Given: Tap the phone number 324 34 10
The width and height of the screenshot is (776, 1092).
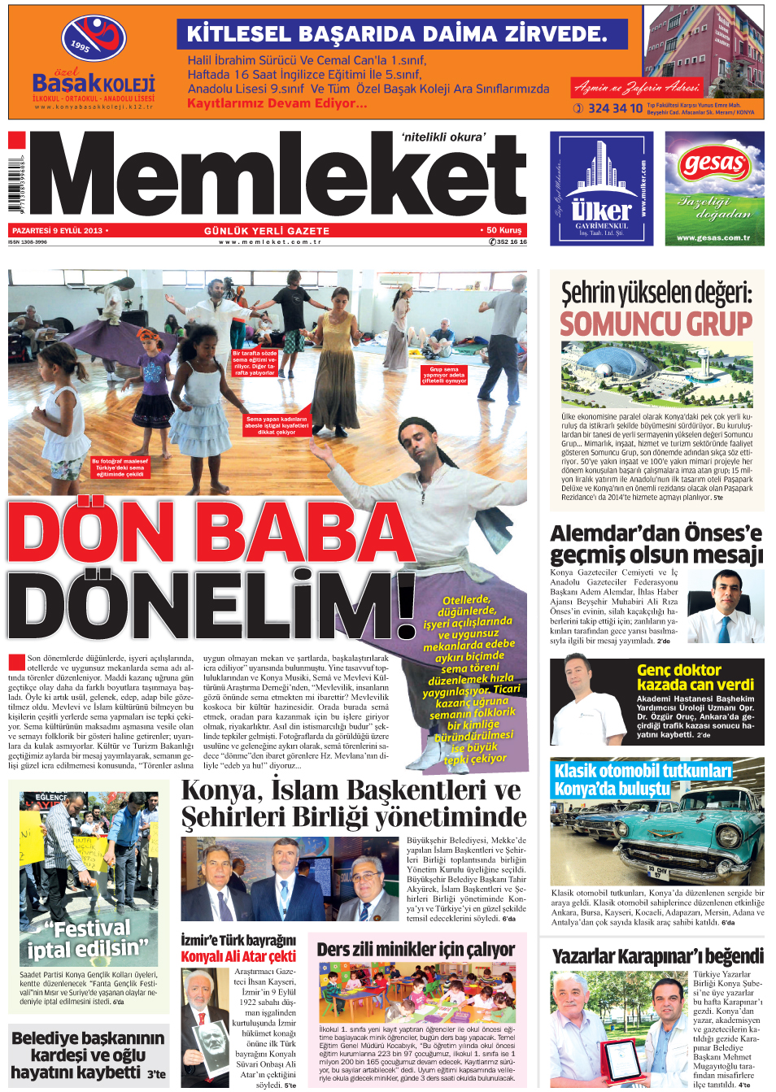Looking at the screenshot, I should pyautogui.click(x=615, y=108).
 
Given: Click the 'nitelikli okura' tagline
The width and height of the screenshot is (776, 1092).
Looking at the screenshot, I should pyautogui.click(x=443, y=137).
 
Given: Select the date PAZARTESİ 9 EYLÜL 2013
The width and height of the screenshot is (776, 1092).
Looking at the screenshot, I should pyautogui.click(x=58, y=231).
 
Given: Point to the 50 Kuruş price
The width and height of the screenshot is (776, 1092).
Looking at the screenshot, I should pyautogui.click(x=504, y=230).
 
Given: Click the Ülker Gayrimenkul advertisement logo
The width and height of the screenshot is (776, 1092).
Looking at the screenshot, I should pyautogui.click(x=602, y=189).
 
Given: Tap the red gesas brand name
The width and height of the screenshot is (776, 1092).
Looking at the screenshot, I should pyautogui.click(x=713, y=163).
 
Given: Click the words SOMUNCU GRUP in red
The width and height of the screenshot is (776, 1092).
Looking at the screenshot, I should pyautogui.click(x=656, y=324).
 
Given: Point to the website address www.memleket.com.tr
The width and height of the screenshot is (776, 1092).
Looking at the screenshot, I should pyautogui.click(x=270, y=241).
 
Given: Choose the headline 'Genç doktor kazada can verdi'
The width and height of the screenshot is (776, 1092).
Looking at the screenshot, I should pyautogui.click(x=695, y=677).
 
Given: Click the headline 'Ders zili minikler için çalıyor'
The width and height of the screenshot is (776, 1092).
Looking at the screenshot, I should pyautogui.click(x=416, y=949).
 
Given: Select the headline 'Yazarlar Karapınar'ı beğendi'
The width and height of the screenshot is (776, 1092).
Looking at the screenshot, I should pyautogui.click(x=657, y=956).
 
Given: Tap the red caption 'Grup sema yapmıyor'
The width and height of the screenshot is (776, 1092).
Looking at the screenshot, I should pyautogui.click(x=444, y=375).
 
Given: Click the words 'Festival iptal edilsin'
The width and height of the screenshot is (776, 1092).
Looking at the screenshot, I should pyautogui.click(x=89, y=938).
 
